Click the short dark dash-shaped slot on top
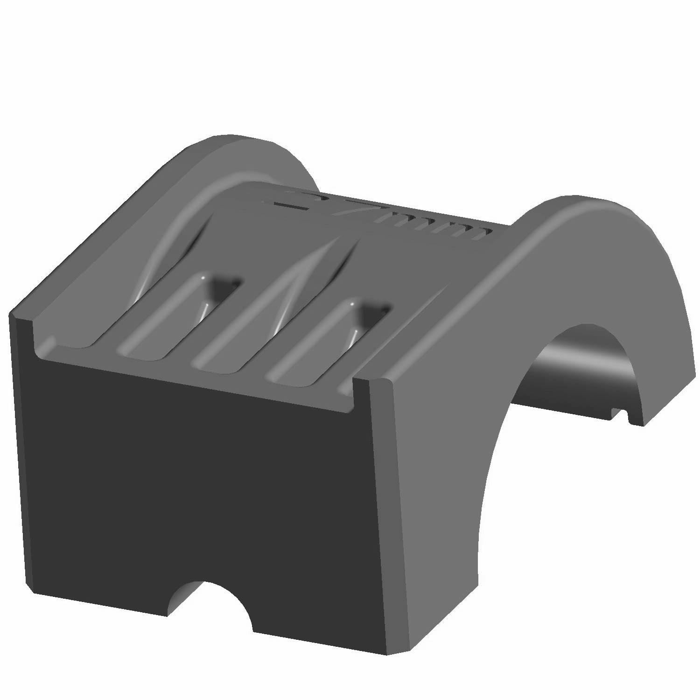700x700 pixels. tap(289, 205)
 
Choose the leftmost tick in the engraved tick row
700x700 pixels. tap(397, 219)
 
